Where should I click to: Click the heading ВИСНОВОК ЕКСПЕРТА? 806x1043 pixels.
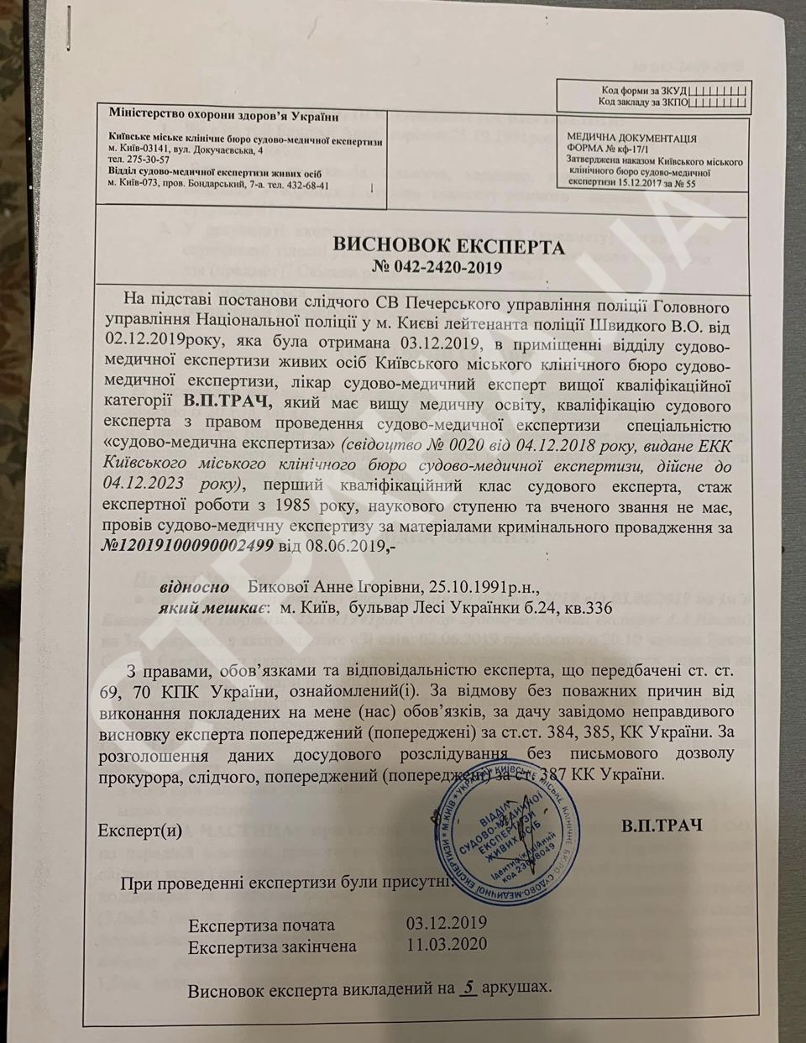448,247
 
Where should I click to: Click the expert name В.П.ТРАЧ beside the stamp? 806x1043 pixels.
662,826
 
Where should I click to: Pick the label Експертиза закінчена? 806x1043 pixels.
272,946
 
